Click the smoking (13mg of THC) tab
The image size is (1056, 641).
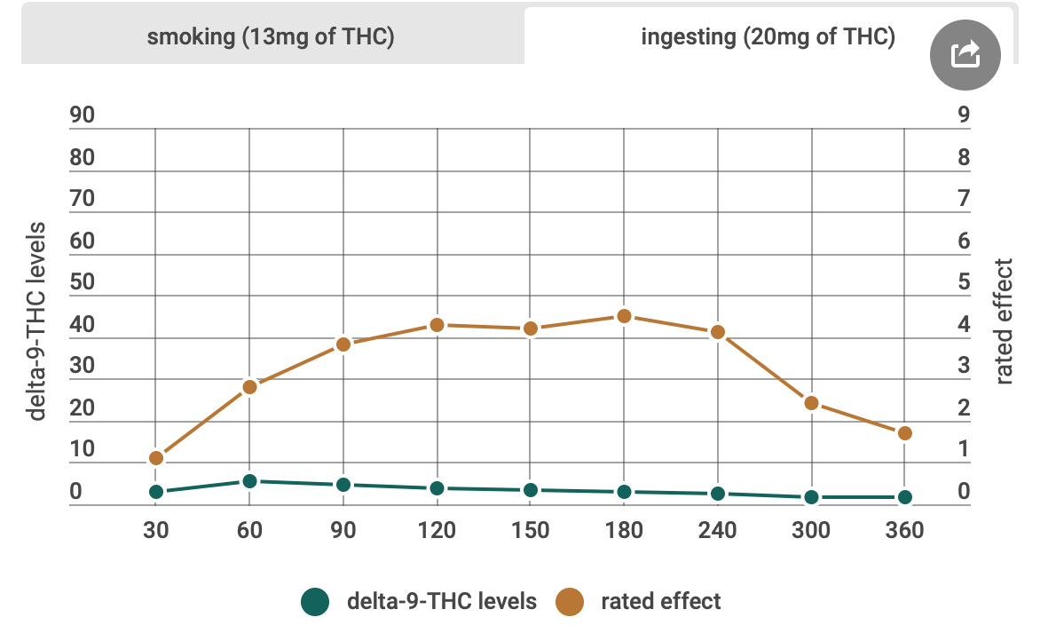pyautogui.click(x=271, y=37)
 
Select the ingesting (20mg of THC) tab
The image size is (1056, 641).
pyautogui.click(x=768, y=37)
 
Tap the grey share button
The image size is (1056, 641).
pyautogui.click(x=965, y=55)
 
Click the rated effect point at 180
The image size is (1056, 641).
pyautogui.click(x=624, y=316)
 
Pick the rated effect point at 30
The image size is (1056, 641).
pyautogui.click(x=156, y=458)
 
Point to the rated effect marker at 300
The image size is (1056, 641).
pyautogui.click(x=811, y=403)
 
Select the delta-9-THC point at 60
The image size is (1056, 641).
pyautogui.click(x=249, y=481)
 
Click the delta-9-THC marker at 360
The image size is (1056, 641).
pyautogui.click(x=904, y=497)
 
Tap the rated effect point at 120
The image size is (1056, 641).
pyautogui.click(x=437, y=325)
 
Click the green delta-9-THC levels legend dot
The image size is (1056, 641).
pyautogui.click(x=315, y=602)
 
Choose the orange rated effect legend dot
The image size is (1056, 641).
pyautogui.click(x=570, y=602)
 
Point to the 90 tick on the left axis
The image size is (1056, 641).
pyautogui.click(x=82, y=115)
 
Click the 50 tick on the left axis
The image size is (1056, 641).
pyautogui.click(x=82, y=282)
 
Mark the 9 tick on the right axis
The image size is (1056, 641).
pyautogui.click(x=964, y=115)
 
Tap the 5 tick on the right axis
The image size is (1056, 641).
pyautogui.click(x=964, y=282)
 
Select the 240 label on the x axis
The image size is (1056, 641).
pyautogui.click(x=717, y=531)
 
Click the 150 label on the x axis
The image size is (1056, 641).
pyautogui.click(x=530, y=531)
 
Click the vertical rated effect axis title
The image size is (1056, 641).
pyautogui.click(x=1005, y=321)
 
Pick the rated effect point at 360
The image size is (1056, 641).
pyautogui.click(x=904, y=433)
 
